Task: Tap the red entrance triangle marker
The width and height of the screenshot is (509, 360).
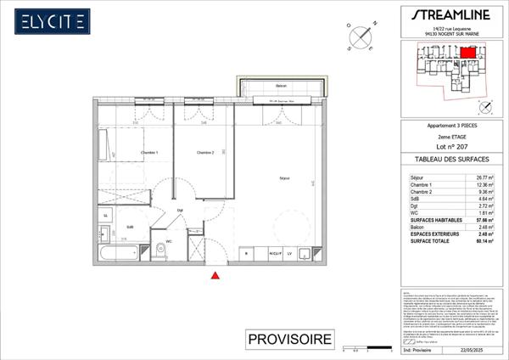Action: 216,275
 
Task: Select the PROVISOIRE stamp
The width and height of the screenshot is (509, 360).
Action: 288,340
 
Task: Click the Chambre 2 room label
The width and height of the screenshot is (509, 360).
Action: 205,153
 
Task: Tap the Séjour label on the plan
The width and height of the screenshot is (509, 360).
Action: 285,177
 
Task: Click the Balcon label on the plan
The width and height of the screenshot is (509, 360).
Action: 281,87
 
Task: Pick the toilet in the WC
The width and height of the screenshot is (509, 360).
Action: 160,249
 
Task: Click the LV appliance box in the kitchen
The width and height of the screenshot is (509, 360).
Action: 289,253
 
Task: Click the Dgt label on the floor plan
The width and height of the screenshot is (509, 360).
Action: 180,210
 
